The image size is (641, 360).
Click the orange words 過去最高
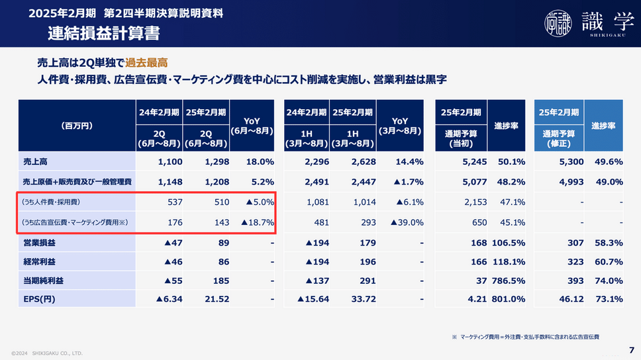coord(146,63)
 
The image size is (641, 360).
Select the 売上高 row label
coord(36,161)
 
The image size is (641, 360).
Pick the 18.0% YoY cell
coord(260,161)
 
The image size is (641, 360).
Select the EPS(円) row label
coord(39,299)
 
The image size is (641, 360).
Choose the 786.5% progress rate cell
coord(509,281)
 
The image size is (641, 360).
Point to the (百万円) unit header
coord(76,124)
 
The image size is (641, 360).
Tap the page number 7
coord(631,349)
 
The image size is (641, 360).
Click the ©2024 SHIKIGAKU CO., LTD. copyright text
coord(47,353)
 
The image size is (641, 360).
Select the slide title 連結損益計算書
coord(103,32)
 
